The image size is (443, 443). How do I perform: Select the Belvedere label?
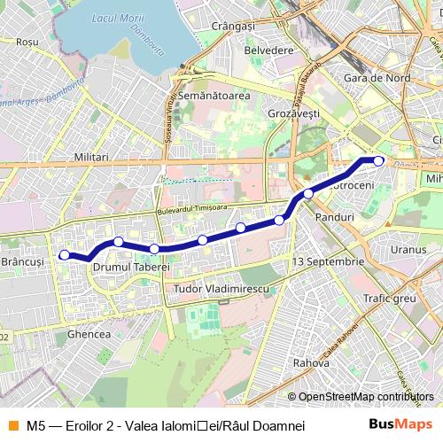268,51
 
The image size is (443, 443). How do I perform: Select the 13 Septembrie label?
328,261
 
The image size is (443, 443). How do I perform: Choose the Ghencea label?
89,334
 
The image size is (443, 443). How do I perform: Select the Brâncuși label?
23,262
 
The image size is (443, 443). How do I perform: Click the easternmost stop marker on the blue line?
378,160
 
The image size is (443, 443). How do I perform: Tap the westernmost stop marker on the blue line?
64,255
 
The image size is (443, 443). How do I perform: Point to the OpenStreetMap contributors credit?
365,397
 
